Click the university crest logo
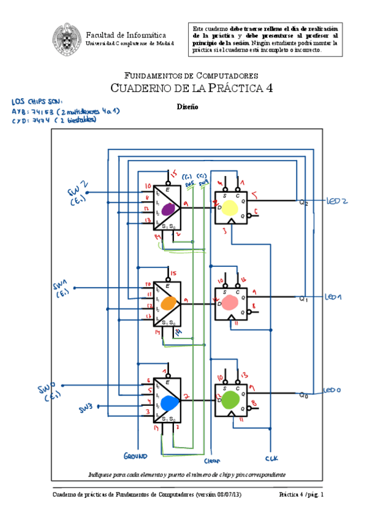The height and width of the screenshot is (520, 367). tap(66, 37)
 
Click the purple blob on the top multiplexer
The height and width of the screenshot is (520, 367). tap(168, 208)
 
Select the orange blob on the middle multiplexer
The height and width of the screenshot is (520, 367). tap(168, 303)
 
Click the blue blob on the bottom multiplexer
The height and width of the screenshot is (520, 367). tap(169, 403)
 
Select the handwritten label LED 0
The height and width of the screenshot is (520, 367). tap(331, 390)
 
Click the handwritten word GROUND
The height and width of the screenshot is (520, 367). tap(135, 457)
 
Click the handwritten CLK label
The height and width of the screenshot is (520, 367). tap(271, 458)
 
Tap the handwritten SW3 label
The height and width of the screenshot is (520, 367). tap(86, 408)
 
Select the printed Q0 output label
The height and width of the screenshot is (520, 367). tap(303, 396)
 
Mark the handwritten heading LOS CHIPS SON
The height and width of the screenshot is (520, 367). tap(37, 102)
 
